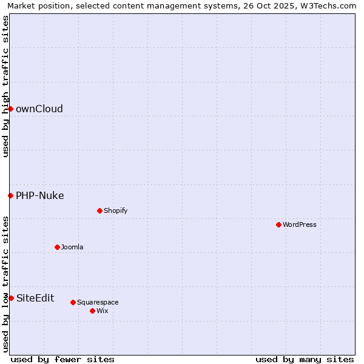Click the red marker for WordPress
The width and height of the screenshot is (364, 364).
click(278, 224)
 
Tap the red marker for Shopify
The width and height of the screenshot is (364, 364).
click(99, 211)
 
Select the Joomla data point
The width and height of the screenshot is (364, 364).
click(57, 247)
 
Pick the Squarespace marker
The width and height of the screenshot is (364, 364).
click(73, 302)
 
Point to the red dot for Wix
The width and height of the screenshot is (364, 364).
click(92, 311)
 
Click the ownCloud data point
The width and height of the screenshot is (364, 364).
click(10, 109)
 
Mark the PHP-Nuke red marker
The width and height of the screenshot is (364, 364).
click(10, 195)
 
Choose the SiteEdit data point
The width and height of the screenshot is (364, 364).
click(11, 298)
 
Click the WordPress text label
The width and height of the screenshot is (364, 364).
click(300, 224)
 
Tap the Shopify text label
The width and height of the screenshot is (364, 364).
click(115, 211)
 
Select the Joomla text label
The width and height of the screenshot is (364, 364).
click(72, 247)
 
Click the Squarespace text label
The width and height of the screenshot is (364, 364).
click(98, 302)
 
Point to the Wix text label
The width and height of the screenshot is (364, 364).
click(102, 311)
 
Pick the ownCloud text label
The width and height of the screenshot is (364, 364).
click(39, 109)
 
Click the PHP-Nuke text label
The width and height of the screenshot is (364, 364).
click(40, 195)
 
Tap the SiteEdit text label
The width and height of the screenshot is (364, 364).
click(35, 298)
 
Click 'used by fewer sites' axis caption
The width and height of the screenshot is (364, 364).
click(62, 359)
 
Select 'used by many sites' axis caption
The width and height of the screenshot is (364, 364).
click(305, 359)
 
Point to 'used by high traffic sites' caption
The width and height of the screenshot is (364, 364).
click(5, 86)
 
